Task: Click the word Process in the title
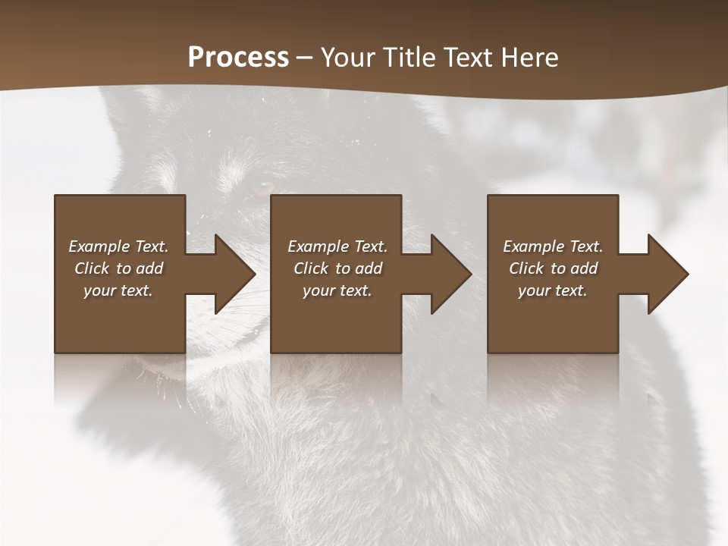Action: point(238,58)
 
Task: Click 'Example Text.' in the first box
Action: point(118,246)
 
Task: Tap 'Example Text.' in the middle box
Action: point(337,246)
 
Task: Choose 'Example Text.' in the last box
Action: point(553,246)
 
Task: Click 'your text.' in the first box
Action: point(118,290)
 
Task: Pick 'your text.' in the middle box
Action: point(337,290)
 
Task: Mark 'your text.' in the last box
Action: point(553,290)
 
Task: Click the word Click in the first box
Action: point(92,268)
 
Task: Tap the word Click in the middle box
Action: point(311,268)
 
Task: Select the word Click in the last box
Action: point(526,268)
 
